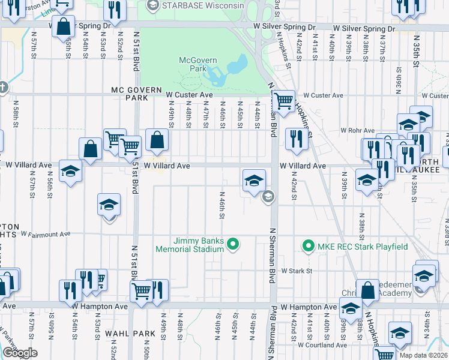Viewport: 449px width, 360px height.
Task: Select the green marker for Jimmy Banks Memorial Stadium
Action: coord(234,244)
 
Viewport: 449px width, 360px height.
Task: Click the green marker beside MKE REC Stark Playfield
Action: coord(308,246)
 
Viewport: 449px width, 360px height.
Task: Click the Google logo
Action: coord(20,353)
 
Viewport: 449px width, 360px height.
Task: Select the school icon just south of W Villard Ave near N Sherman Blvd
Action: coord(254,180)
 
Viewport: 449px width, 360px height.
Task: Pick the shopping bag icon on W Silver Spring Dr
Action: coord(64,26)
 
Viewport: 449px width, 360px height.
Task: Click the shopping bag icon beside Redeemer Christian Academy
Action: coord(367,290)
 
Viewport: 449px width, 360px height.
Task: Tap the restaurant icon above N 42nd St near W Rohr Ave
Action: coord(296,139)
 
